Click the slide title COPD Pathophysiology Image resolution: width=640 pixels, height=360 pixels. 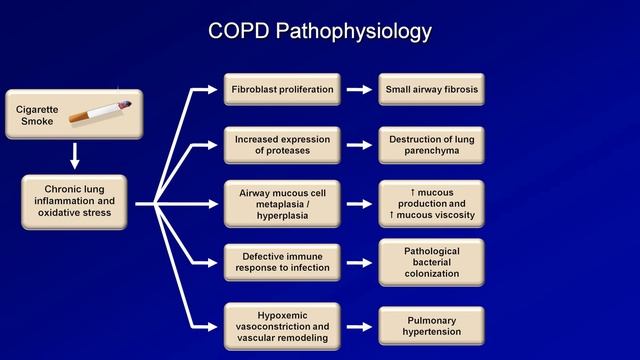[x=320, y=31]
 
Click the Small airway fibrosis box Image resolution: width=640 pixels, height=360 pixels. [x=432, y=89]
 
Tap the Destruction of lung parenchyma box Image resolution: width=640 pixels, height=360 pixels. [x=432, y=146]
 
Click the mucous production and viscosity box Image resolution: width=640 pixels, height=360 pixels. [x=432, y=203]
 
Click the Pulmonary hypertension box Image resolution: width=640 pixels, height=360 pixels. [x=432, y=324]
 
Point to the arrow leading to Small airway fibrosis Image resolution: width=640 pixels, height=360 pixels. [x=358, y=89]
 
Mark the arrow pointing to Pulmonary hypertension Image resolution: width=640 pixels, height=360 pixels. [x=358, y=324]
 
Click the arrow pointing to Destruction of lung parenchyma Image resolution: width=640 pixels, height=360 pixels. [x=358, y=146]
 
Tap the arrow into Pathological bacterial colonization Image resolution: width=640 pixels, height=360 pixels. [x=358, y=261]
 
